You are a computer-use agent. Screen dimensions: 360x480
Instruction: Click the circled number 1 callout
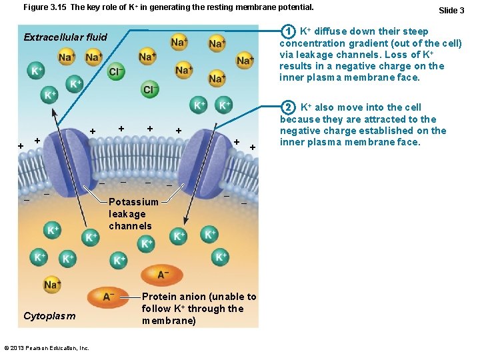coord(288,31)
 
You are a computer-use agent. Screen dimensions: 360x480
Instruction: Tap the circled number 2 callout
coord(288,107)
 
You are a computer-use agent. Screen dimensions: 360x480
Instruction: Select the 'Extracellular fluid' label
coord(65,37)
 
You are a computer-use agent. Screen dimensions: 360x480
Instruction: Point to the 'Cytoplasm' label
coord(49,315)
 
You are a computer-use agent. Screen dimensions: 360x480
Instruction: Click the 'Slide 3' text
coord(451,10)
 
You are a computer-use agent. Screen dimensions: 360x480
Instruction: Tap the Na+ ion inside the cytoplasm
coord(52,285)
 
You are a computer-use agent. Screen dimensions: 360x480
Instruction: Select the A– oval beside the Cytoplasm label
coord(108,296)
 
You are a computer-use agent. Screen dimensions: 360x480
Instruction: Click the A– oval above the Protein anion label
coord(163,274)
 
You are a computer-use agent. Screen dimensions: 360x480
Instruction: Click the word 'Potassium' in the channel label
coord(133,202)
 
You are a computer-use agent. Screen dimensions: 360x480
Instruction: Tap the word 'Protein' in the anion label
coord(159,297)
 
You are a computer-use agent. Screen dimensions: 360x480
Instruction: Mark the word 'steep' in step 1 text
coord(414,31)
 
